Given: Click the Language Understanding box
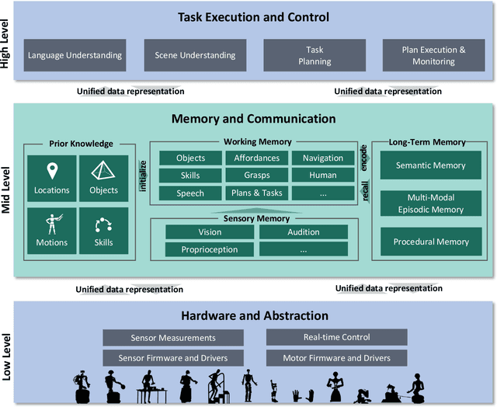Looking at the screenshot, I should point(75,55).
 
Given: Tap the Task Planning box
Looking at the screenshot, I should point(314,55).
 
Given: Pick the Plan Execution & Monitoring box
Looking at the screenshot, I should point(434,55).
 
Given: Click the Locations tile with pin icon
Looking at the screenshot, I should point(51,178).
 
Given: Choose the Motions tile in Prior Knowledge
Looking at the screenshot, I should point(51,230).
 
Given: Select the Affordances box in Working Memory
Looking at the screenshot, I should point(257,158).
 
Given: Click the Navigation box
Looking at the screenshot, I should point(323,158).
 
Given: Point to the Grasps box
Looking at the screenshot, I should point(257,175).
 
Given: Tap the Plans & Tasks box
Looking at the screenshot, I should point(257,193).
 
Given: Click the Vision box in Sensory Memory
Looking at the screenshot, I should point(210,231).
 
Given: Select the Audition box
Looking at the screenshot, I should point(304,231).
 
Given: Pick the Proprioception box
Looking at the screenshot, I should point(210,249).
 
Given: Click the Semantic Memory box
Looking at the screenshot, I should point(431,165).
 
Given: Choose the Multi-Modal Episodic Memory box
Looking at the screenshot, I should point(431,203).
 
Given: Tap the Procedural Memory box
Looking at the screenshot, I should point(431,242).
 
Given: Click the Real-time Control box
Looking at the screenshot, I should point(337,337).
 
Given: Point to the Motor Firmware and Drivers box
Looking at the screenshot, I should point(337,357).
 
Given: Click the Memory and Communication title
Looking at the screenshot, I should point(253,119).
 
